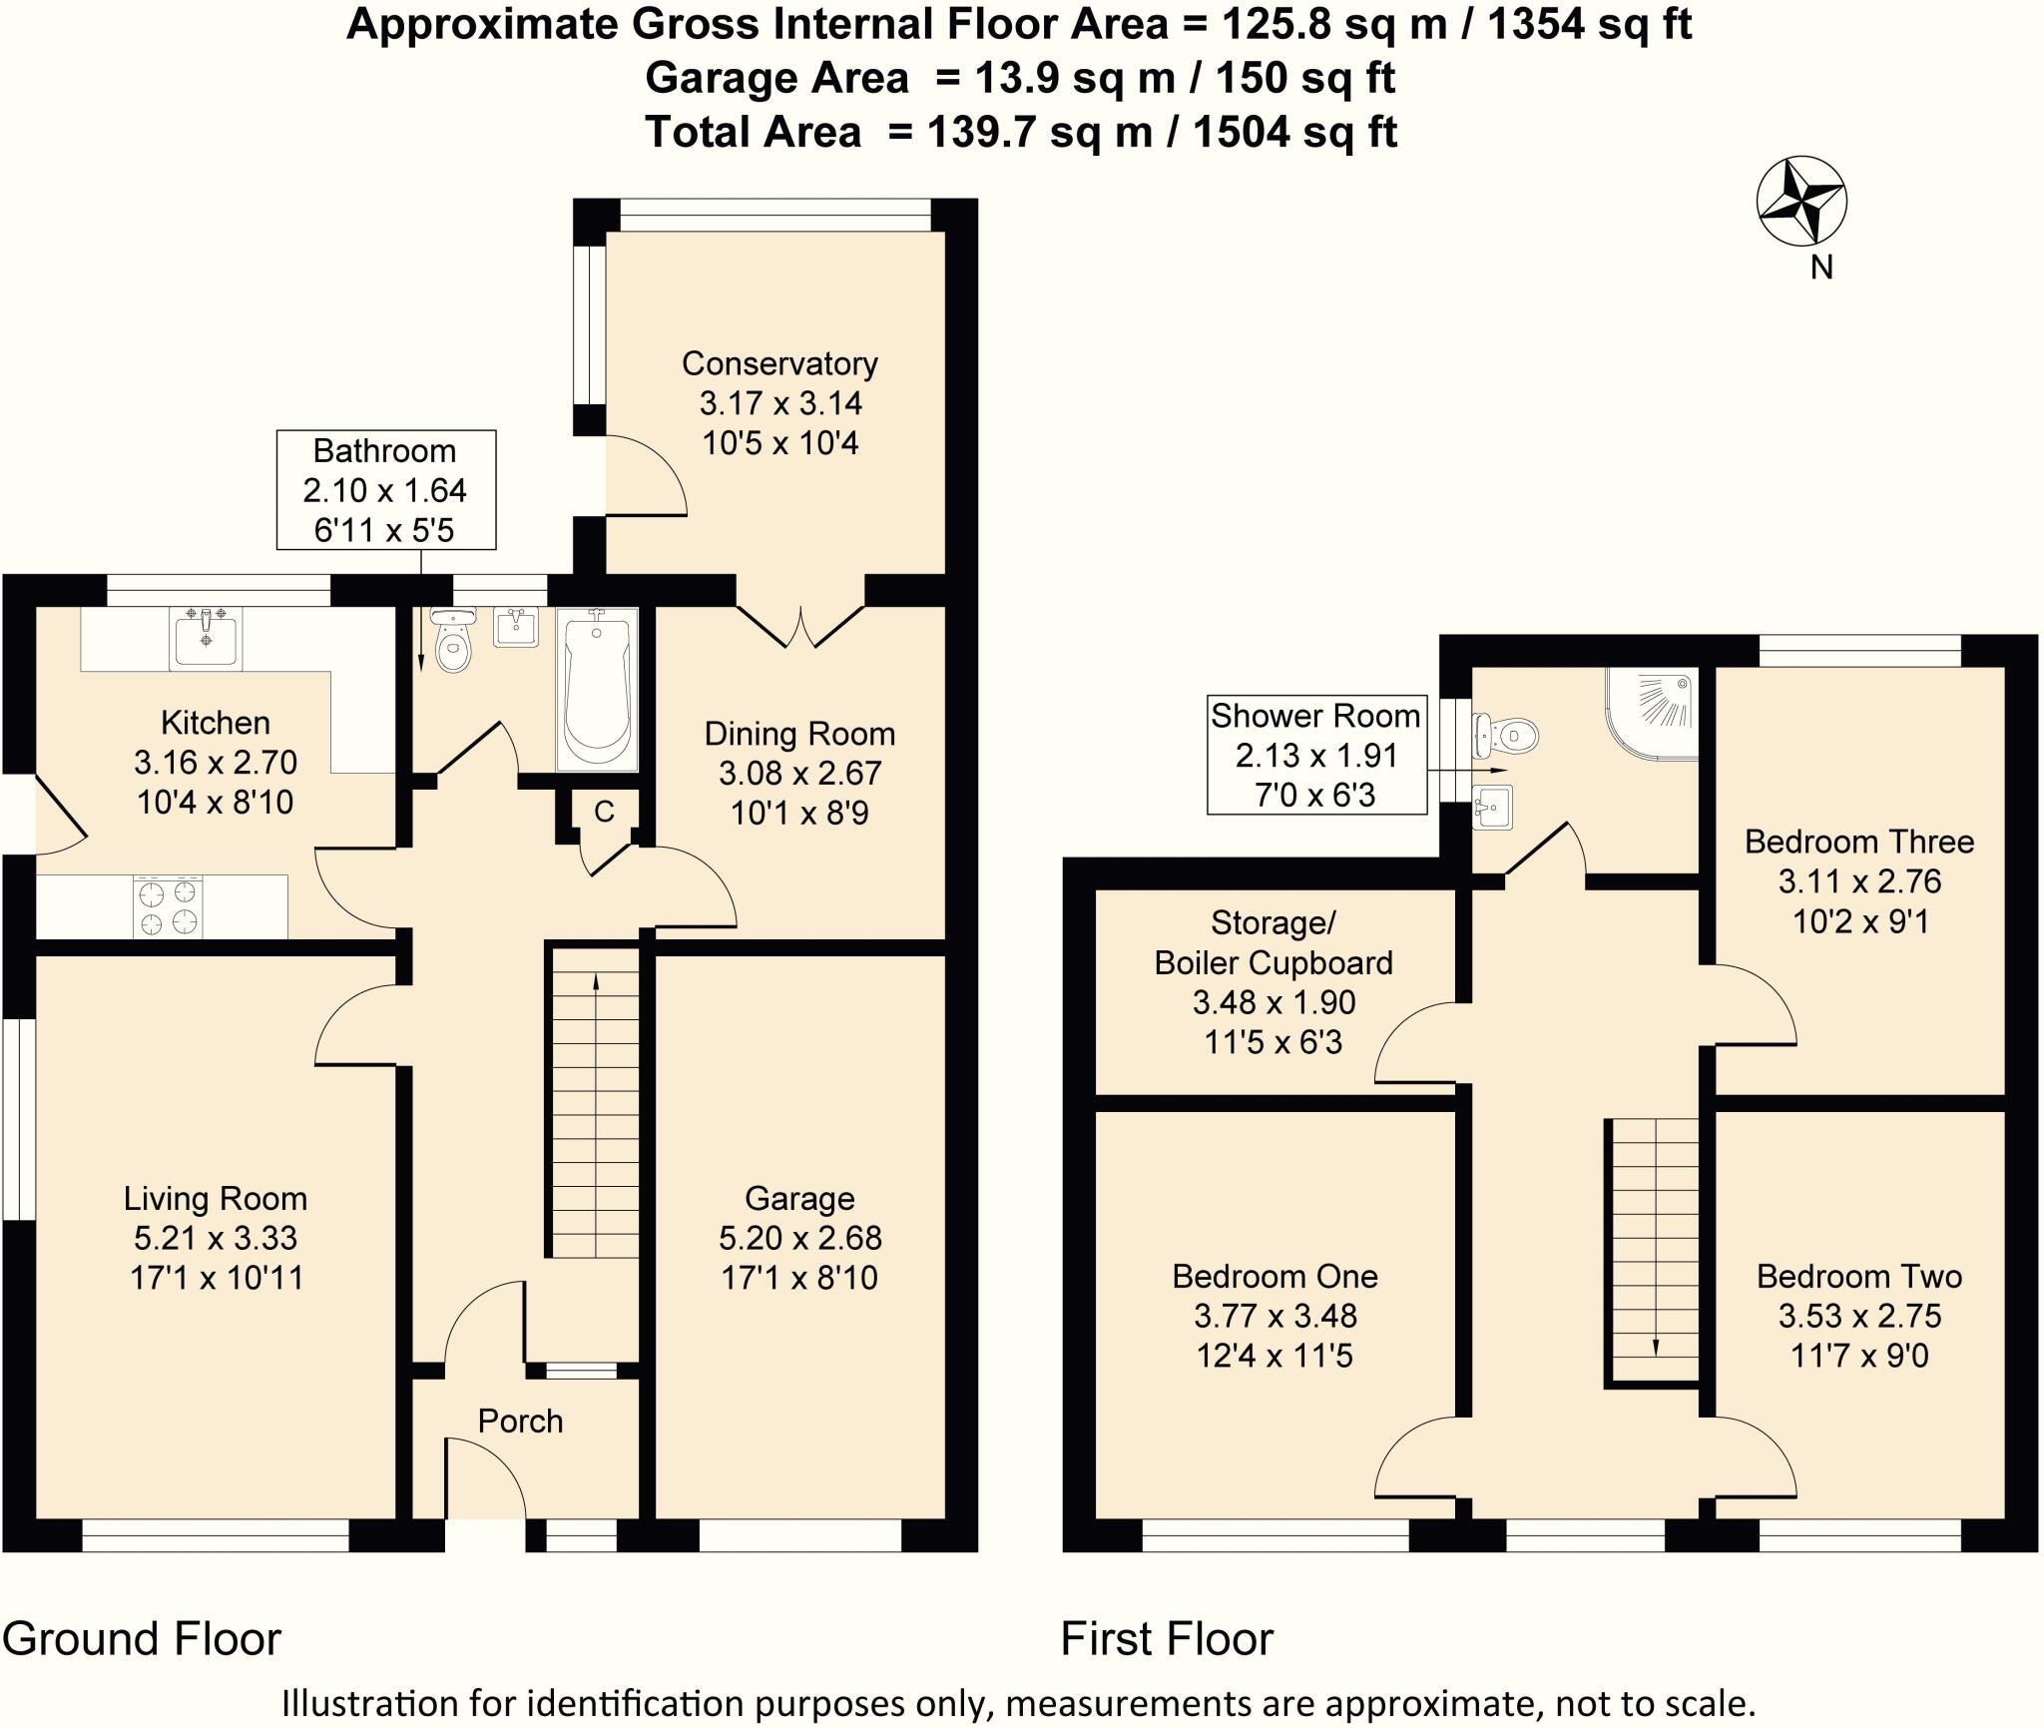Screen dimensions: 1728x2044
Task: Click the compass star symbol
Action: coord(1801,201)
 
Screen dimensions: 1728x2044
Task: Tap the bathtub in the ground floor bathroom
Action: coord(597,689)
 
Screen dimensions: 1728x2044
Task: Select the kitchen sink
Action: coord(206,640)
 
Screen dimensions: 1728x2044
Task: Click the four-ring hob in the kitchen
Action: coord(168,907)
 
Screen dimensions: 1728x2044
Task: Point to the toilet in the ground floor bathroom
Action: coord(453,644)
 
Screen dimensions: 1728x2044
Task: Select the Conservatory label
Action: coord(779,363)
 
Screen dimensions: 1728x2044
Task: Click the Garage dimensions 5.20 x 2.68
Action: coord(799,1238)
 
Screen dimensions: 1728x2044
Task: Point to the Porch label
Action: coord(520,1421)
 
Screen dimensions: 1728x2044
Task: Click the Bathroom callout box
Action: coord(385,490)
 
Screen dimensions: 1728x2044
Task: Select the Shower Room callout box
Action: coord(1315,756)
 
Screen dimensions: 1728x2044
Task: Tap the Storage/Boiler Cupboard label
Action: coord(1274,942)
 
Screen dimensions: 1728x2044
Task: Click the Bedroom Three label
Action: coord(1858,842)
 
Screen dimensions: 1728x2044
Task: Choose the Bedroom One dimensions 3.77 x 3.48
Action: coord(1275,1316)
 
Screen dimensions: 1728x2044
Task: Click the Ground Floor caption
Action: coord(142,1638)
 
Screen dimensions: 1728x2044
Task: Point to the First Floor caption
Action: coord(1167,1638)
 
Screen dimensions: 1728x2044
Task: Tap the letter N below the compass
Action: coord(1821,268)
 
